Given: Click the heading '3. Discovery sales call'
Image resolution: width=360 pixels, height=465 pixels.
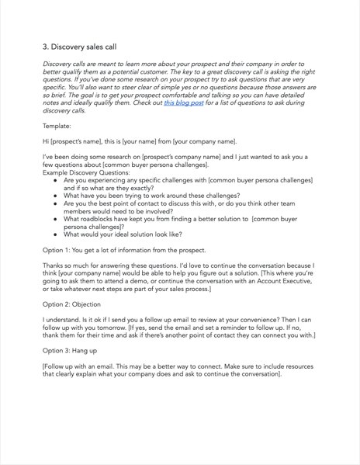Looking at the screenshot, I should tap(79, 47).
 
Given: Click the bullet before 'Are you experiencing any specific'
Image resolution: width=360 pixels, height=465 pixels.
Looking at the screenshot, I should tap(57, 180).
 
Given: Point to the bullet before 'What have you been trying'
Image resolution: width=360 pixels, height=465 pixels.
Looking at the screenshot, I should tap(57, 197).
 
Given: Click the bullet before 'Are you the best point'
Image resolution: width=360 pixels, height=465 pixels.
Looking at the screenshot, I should tap(57, 206).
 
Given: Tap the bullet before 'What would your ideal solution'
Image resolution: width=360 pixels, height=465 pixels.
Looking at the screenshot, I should tap(57, 234).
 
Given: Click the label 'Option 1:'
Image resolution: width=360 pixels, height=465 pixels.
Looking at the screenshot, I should tap(59, 250).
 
